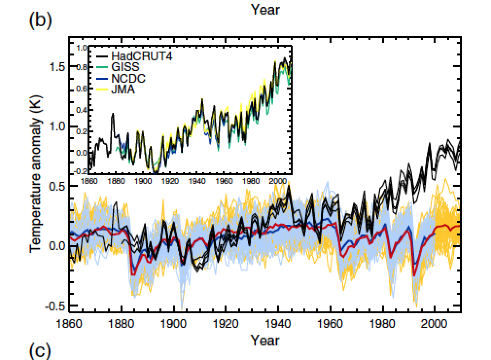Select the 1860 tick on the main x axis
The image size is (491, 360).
[x=70, y=324]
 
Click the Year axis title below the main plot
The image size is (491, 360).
[x=265, y=340]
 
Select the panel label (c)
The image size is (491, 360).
[x=40, y=351]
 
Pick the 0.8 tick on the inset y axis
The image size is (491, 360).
[x=81, y=68]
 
